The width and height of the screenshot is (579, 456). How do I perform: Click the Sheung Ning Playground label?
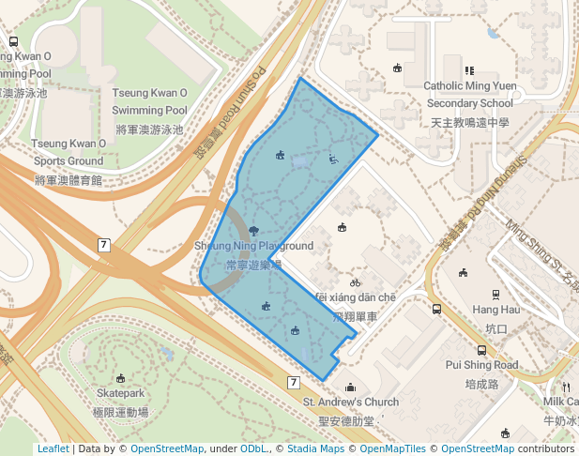pos(253,246)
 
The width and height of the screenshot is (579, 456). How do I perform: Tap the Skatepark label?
pos(122,393)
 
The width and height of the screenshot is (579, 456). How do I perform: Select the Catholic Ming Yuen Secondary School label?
pos(470,95)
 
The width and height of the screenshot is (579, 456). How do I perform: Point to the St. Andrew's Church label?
pos(350,402)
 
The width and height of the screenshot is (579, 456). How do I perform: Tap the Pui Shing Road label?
pos(481,364)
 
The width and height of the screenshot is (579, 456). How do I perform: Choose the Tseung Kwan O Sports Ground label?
pos(68,152)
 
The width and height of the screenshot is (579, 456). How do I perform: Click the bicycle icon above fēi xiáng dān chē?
pos(355,281)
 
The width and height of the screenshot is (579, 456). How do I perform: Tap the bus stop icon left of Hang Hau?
pos(436,308)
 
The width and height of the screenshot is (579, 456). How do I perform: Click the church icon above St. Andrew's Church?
pos(350,387)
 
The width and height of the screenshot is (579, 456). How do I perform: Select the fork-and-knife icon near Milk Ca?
pos(565,387)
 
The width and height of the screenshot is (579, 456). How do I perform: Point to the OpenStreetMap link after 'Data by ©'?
pos(166,449)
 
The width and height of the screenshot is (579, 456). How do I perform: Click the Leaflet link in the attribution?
pos(53,449)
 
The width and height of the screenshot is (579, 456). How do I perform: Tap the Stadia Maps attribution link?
pos(315,449)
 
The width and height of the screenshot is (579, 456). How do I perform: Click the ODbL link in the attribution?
pos(253,449)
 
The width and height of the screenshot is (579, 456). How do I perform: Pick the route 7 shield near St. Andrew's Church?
pos(293,382)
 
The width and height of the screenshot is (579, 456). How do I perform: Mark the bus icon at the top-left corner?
pos(13,41)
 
